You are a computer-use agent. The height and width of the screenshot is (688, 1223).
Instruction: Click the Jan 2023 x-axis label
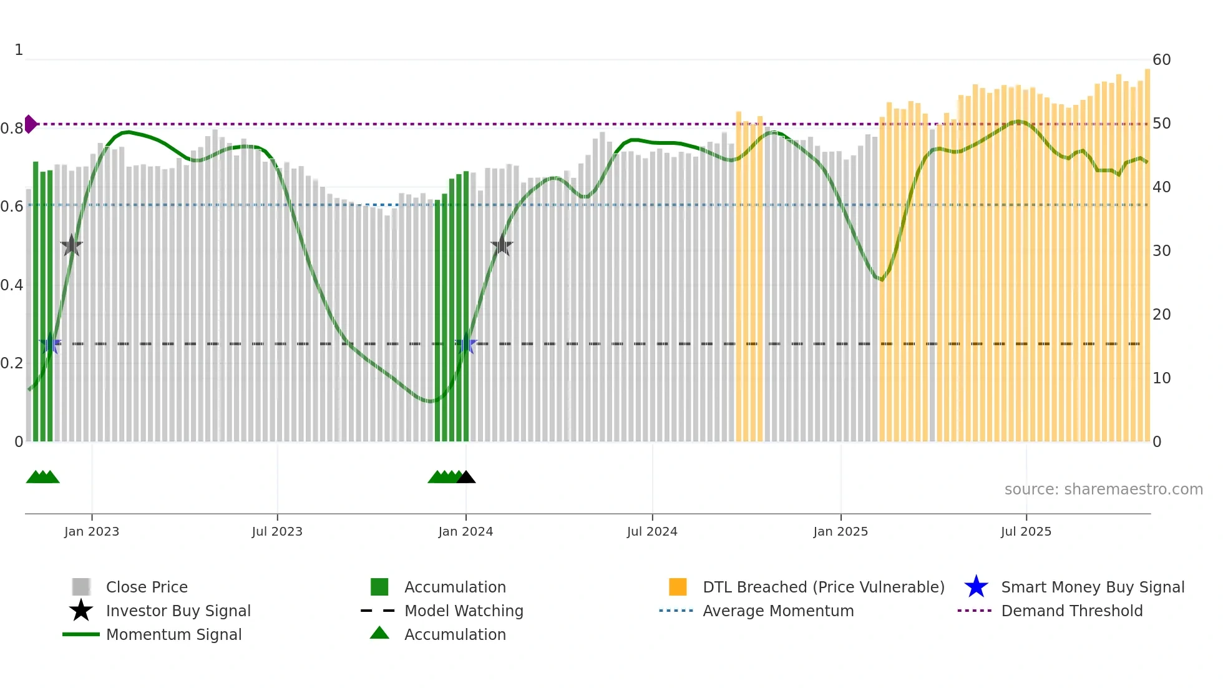coord(92,531)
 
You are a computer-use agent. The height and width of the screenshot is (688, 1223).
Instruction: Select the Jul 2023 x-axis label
coord(277,531)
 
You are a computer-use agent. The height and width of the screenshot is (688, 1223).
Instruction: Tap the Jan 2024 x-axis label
coord(465,531)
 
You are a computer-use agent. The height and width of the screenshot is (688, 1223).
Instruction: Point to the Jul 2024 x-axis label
coord(652,531)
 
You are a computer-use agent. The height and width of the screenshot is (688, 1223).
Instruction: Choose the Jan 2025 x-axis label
coord(841,531)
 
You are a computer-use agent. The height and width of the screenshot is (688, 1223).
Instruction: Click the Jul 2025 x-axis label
coord(1026,531)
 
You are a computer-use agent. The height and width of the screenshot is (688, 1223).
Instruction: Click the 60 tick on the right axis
coord(1161,60)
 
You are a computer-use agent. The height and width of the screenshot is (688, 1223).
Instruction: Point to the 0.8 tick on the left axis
coord(12,129)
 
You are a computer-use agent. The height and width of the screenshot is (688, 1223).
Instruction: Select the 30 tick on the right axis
coord(1161,251)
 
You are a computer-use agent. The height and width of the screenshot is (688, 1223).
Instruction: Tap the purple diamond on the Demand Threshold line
coord(30,124)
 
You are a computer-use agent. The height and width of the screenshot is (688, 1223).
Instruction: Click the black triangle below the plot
coord(466,478)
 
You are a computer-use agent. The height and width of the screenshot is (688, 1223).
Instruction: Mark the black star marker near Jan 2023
coord(72,246)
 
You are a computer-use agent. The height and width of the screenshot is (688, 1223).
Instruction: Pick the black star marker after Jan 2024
coord(502,246)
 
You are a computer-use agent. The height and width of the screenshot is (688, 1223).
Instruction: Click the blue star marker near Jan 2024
coord(465,344)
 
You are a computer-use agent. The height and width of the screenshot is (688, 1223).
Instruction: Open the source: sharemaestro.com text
coord(1103,489)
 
